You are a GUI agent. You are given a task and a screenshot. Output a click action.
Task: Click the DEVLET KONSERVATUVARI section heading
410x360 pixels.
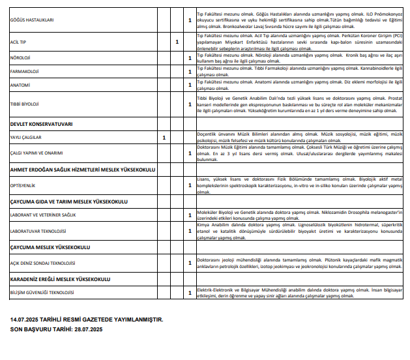[x=41, y=123]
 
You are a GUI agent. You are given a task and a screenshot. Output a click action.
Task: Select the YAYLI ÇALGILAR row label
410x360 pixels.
[x=25, y=138]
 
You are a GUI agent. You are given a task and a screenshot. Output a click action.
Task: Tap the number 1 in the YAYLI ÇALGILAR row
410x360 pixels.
[x=164, y=138]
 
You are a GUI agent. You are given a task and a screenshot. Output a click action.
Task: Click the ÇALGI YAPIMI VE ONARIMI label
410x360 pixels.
[x=36, y=153]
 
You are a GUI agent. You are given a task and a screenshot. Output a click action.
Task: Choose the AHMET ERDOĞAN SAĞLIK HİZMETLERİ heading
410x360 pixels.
[x=82, y=170]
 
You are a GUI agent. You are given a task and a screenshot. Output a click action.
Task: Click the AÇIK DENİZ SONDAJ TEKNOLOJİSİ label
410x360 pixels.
[x=42, y=263]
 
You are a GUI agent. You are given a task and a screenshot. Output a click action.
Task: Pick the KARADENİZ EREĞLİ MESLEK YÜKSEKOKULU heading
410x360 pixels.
[x=60, y=278]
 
